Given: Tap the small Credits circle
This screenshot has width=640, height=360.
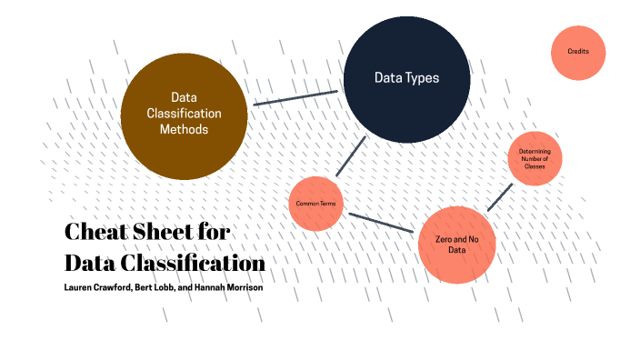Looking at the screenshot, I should coord(578,52).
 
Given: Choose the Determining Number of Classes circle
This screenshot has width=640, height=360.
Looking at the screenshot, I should coord(535,158).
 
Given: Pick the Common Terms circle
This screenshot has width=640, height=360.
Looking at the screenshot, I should coord(315,204).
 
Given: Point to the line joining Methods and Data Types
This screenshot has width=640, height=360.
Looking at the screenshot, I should coord(295,97).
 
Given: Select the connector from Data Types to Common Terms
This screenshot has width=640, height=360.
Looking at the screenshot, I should coord(351,155).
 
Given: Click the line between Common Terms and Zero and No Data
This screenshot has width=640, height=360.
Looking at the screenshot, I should coord(382,224).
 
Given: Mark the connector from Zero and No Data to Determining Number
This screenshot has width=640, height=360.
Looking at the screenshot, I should coord(500,197).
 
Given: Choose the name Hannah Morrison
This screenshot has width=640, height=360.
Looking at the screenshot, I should coord(231,288).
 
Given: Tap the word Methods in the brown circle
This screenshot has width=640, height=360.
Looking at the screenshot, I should coord(184,130).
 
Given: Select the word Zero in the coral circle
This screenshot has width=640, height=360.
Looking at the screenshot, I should coord(443,236).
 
